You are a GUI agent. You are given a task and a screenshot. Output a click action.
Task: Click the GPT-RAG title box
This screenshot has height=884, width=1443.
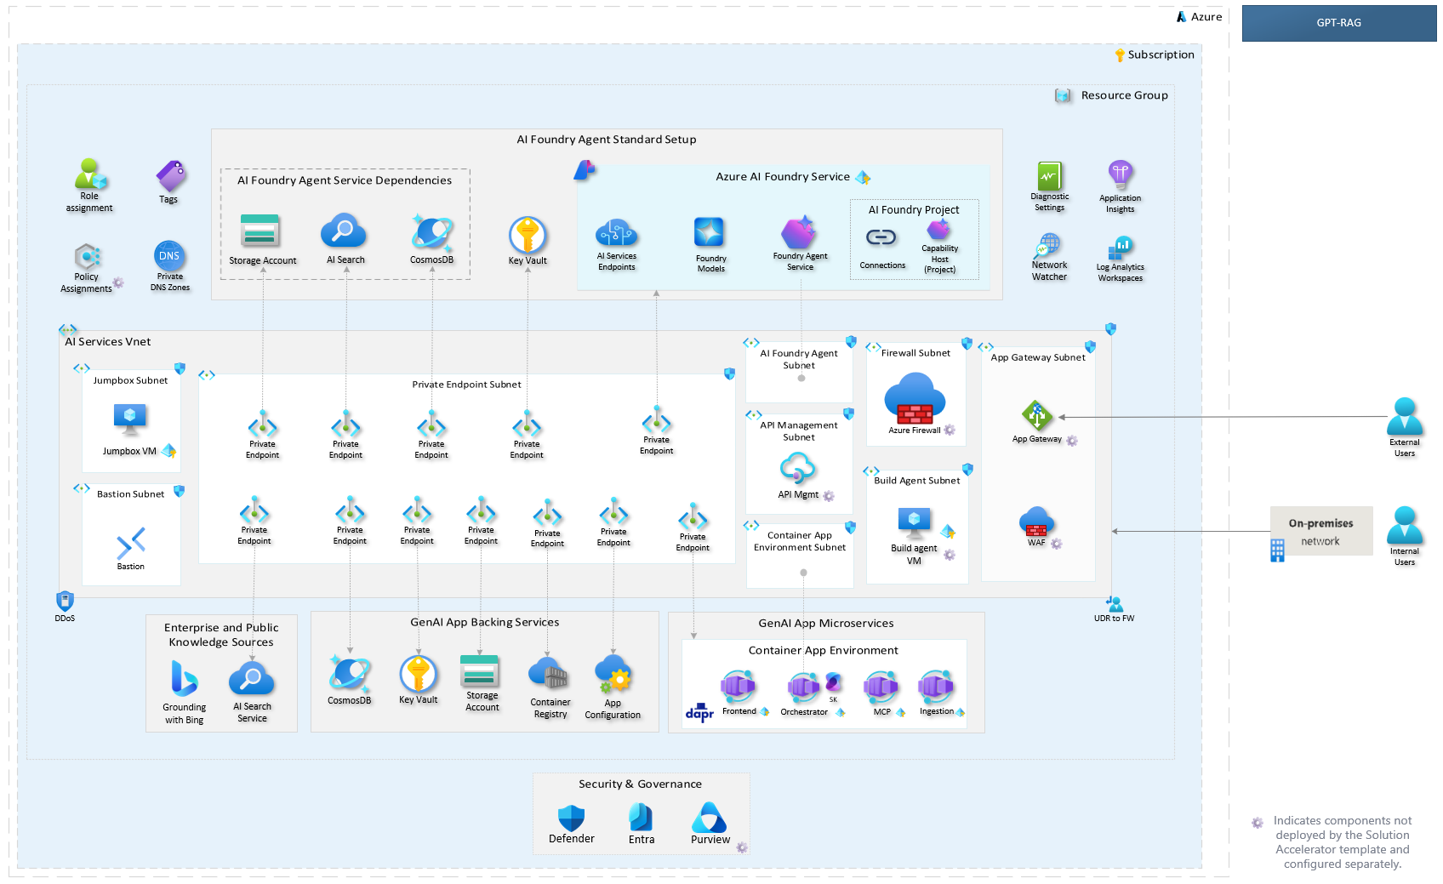coord(1338,23)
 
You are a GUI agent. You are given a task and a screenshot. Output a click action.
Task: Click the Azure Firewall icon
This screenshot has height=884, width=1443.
coord(915,399)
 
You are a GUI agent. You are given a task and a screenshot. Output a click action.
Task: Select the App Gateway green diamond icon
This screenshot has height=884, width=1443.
coord(1036,415)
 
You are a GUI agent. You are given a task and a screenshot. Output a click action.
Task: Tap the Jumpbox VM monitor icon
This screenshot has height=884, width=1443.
coord(130,419)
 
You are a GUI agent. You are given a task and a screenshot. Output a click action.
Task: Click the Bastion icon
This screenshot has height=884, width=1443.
coord(131,543)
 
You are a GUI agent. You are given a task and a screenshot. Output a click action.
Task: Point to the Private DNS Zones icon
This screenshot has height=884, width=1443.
coord(169,255)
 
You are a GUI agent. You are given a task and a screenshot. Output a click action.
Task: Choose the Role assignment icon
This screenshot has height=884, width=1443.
coord(90,174)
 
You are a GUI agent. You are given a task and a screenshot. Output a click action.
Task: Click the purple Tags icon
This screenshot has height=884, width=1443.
coord(171,176)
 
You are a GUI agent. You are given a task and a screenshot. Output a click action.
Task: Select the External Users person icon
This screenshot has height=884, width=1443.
coord(1404,417)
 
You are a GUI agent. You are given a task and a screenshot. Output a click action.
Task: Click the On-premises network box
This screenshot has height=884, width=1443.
coord(1320,531)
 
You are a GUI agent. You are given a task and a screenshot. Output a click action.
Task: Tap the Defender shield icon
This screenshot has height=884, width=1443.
coord(571,818)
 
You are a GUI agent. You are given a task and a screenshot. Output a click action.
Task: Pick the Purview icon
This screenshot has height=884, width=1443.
coord(709,818)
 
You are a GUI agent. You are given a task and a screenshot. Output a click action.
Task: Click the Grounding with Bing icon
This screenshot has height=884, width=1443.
coord(184,679)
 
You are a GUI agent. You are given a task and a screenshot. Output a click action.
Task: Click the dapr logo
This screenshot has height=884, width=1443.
coord(699,712)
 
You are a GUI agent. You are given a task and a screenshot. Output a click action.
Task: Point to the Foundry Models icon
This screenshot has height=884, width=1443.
coord(709,232)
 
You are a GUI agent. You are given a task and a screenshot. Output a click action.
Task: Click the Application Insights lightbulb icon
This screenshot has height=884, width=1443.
coord(1120,174)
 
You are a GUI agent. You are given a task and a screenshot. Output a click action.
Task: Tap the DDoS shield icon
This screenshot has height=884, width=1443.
coord(65,601)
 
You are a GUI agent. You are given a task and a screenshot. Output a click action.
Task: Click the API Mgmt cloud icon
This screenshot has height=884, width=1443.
coord(797,468)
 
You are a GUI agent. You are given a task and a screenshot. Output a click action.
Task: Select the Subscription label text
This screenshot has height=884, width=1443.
coord(1161,54)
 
